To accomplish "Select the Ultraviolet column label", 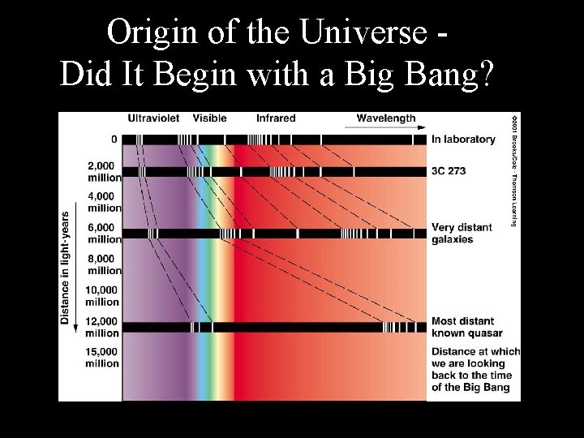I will (153, 118).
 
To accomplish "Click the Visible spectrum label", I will (209, 118).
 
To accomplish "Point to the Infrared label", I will (276, 118).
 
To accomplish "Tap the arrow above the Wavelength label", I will (386, 127).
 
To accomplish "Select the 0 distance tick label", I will (114, 140).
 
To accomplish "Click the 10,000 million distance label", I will (102, 296).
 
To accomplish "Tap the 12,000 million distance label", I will (102, 328).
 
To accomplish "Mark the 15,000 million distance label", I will (102, 358).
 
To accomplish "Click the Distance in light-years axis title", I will (65, 268).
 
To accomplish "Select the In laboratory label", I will (463, 140).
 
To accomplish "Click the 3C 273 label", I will (449, 172).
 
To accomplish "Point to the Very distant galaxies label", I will (462, 234).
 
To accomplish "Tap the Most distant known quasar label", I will (466, 327).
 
